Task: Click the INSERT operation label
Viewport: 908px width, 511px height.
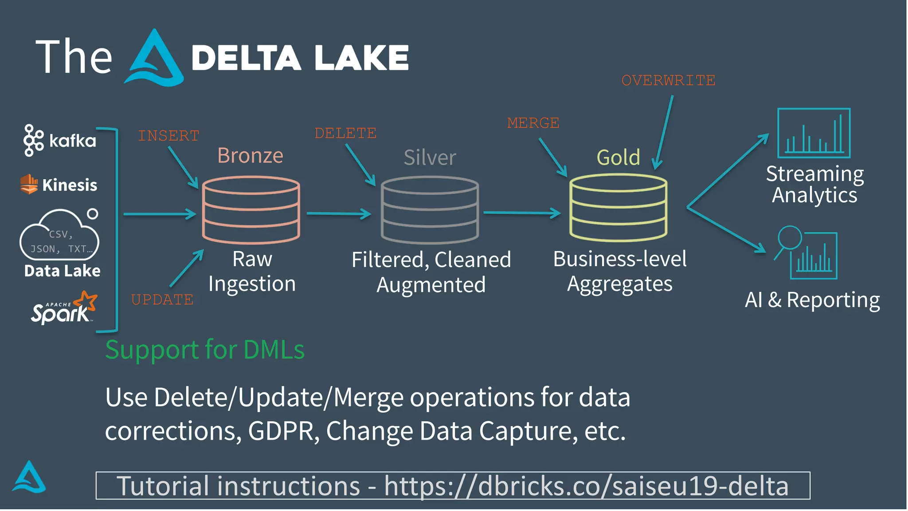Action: pos(168,136)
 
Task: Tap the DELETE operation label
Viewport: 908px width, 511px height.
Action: pos(345,133)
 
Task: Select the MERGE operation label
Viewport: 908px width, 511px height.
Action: pos(533,123)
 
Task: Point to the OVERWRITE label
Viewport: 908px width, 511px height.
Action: pos(668,81)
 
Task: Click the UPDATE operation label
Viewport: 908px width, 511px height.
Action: pos(162,300)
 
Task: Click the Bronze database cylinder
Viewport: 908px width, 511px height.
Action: pos(251,210)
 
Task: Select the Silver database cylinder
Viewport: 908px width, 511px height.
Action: pos(430,210)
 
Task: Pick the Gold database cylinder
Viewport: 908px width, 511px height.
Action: pos(618,208)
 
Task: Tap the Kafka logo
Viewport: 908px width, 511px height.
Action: pos(34,140)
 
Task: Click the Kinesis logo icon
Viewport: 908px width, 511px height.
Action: pos(29,184)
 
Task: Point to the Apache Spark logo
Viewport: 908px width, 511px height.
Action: pos(64,308)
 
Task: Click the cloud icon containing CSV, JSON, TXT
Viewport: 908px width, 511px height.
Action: pos(59,235)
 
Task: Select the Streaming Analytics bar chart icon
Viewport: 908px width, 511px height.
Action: pos(814,133)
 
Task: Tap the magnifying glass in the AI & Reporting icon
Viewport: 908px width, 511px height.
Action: pos(790,238)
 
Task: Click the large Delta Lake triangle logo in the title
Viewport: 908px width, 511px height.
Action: pos(154,59)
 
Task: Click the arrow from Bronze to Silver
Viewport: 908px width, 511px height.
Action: pos(339,214)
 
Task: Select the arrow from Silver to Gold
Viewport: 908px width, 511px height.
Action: pos(522,213)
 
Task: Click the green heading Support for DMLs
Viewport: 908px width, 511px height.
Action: pos(205,350)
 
